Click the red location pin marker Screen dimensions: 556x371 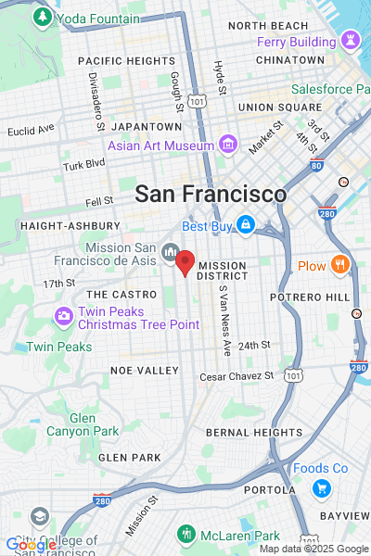point(185,262)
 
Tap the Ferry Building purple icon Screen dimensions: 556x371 point(351,41)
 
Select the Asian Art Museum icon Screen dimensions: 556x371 point(227,145)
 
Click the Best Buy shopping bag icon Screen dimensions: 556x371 point(245,224)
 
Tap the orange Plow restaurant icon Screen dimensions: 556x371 point(339,266)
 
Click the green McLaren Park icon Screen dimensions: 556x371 point(185,535)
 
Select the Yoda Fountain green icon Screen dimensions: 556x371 point(42,18)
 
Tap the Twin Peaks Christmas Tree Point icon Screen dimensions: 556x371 point(64,316)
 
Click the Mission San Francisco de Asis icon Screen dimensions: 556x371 point(170,251)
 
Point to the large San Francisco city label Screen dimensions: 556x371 point(211,195)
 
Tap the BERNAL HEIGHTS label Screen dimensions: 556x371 point(254,433)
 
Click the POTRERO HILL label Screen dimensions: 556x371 point(310,297)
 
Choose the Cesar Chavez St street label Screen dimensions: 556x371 point(238,376)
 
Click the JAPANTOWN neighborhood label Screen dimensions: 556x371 point(146,126)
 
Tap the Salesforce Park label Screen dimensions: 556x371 point(329,90)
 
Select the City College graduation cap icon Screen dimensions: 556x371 point(39,516)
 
